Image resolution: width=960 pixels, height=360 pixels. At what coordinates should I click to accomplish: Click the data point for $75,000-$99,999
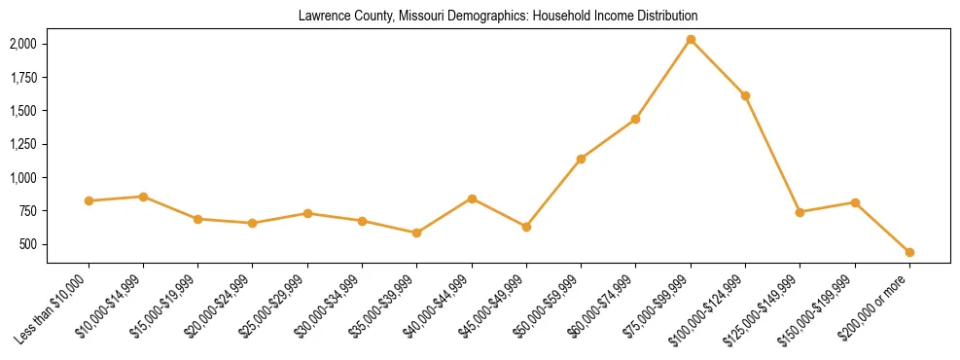click(x=691, y=40)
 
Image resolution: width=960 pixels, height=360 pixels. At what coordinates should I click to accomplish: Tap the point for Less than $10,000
click(x=89, y=200)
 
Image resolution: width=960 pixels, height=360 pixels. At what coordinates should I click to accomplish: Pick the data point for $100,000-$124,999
click(x=745, y=95)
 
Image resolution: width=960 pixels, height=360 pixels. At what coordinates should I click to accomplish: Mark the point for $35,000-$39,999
click(x=416, y=233)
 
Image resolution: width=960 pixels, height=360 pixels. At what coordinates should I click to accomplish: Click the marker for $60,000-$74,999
click(x=636, y=119)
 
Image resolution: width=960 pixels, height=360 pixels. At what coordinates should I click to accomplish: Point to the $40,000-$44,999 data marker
click(x=472, y=198)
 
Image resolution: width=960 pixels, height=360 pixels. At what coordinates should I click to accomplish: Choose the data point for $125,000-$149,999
click(x=800, y=212)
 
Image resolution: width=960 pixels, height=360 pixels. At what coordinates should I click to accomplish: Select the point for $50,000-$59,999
click(x=581, y=159)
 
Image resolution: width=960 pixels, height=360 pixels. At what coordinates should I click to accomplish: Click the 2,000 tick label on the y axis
click(x=23, y=44)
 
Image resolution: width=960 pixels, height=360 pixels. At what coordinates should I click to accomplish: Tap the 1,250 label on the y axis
click(x=23, y=144)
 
